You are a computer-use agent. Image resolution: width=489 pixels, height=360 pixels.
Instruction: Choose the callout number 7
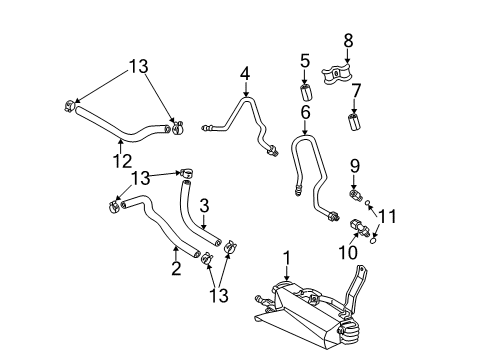[355, 92]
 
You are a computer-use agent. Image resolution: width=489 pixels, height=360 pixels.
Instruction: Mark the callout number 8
[348, 41]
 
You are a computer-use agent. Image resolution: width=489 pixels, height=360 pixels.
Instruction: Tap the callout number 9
[353, 164]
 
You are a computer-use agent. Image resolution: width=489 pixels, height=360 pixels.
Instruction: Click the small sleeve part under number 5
[307, 96]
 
